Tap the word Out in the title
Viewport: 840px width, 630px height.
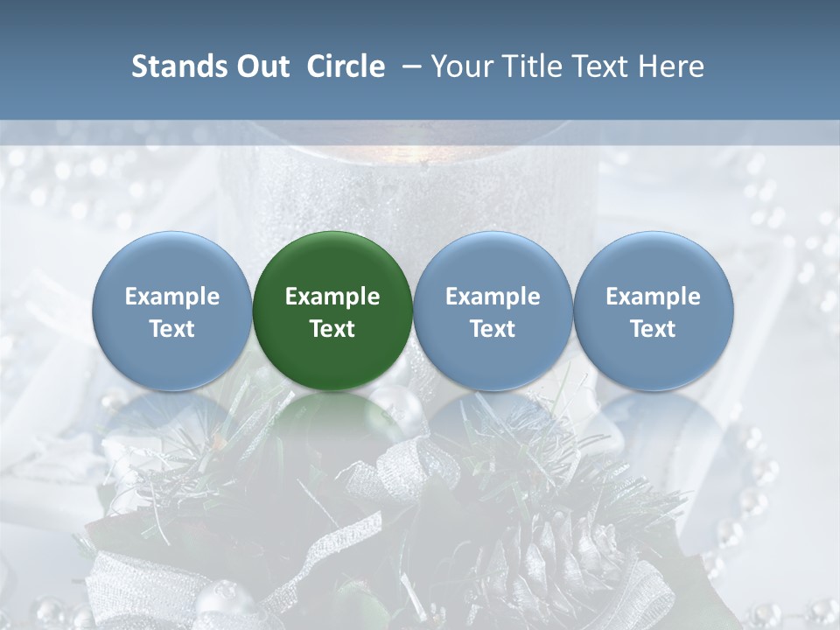(262, 66)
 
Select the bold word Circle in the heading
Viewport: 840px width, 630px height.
(346, 66)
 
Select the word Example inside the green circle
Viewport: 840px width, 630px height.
(332, 297)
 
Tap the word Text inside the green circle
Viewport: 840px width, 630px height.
(332, 329)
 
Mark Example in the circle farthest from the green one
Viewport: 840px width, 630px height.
(654, 297)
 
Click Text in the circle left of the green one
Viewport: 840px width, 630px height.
(171, 329)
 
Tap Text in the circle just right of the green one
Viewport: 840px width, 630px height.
(493, 329)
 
